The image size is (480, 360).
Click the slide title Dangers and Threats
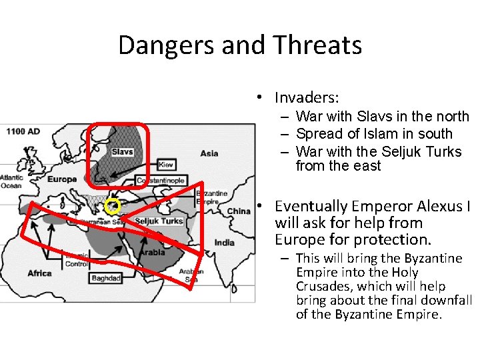(x=240, y=45)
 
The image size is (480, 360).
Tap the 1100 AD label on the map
(x=23, y=131)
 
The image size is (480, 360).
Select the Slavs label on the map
(x=122, y=152)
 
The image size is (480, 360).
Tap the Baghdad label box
(x=106, y=278)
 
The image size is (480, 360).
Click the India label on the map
(x=225, y=243)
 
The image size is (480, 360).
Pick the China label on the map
(x=238, y=211)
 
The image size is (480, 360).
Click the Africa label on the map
(x=39, y=273)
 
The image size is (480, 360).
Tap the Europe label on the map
(x=63, y=179)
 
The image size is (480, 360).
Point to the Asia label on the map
(x=209, y=153)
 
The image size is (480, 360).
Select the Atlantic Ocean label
(x=12, y=182)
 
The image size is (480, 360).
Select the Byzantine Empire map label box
(x=212, y=197)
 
